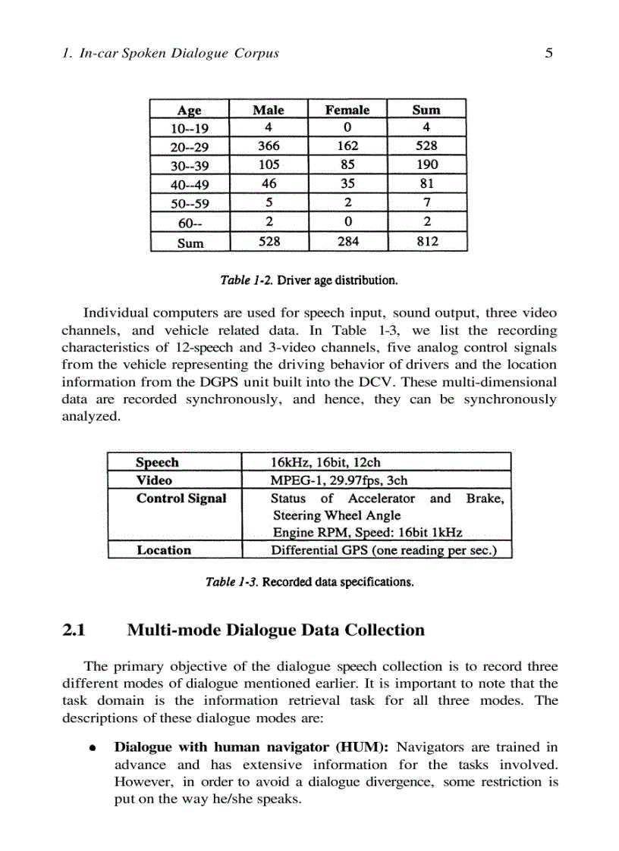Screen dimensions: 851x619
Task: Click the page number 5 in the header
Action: tap(548, 53)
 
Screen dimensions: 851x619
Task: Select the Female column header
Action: tap(347, 110)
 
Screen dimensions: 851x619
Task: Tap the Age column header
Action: tap(190, 111)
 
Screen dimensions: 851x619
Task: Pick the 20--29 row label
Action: tap(190, 147)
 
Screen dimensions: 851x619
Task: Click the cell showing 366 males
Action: tap(269, 145)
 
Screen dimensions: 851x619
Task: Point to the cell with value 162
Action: tap(347, 145)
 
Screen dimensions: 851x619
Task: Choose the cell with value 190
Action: tap(427, 164)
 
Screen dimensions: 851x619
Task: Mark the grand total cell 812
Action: tap(427, 242)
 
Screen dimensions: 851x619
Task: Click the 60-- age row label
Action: tap(190, 224)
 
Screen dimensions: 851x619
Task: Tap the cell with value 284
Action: tap(347, 242)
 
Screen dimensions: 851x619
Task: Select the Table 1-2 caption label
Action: tap(246, 280)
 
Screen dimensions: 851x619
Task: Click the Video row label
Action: tap(154, 480)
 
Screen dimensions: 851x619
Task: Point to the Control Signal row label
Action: tap(181, 498)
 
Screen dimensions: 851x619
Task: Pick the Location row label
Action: tap(164, 550)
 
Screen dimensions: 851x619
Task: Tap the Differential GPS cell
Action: tap(384, 550)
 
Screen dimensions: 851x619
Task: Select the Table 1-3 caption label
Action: tap(232, 583)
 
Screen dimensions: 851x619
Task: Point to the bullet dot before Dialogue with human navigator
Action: tap(92, 747)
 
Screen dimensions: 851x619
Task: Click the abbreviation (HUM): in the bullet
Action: tap(360, 747)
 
